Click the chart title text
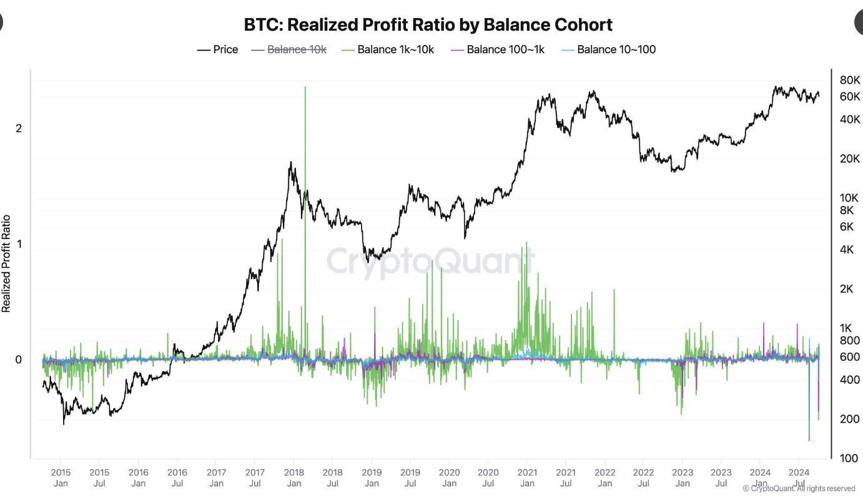[428, 25]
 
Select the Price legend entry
[218, 49]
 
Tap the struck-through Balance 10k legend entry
[289, 49]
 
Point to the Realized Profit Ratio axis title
[6, 263]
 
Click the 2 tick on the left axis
[19, 129]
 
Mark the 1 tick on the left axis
[19, 244]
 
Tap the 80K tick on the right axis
[850, 81]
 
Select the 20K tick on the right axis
[850, 159]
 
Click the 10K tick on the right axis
[850, 198]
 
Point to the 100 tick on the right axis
[849, 459]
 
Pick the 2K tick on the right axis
[847, 289]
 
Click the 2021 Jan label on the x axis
[527, 477]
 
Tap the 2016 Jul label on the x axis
[177, 477]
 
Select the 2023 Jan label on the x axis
[683, 477]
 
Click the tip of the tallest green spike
[305, 87]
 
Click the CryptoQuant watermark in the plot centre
[431, 261]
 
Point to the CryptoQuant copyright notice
[799, 489]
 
